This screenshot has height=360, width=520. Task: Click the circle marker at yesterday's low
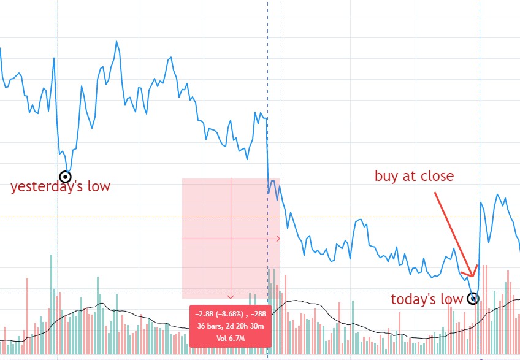[65, 177]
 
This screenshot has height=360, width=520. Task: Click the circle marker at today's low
[473, 299]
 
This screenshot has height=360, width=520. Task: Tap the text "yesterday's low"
[60, 186]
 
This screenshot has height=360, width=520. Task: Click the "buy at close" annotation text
[414, 176]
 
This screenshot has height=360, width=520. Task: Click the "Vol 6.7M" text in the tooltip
[231, 338]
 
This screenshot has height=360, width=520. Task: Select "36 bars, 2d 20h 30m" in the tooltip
[231, 326]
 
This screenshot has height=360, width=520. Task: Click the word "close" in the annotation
[436, 176]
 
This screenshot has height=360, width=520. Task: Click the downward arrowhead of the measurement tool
[231, 296]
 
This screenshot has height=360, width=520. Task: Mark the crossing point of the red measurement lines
[231, 238]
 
